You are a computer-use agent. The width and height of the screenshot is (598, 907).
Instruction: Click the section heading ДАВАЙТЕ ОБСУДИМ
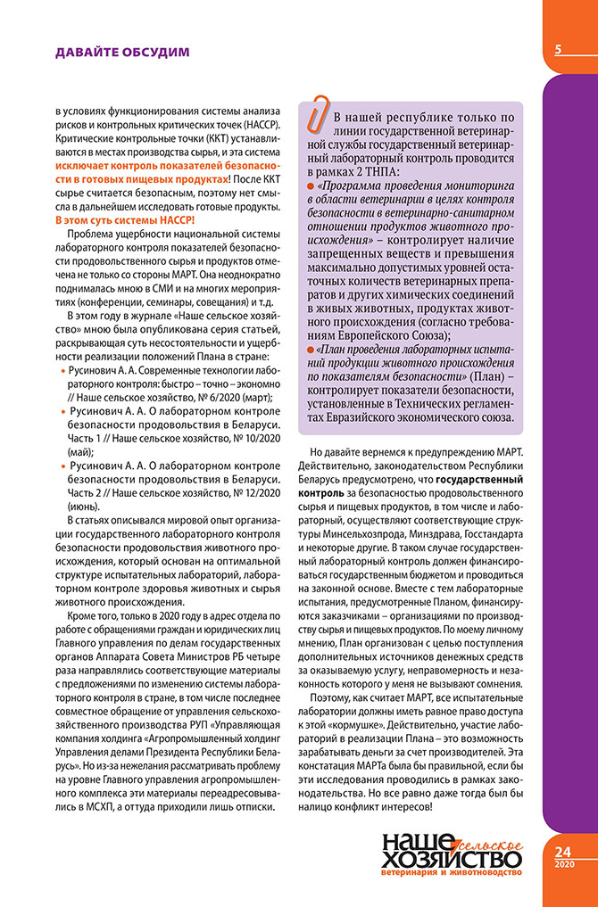[x=122, y=52]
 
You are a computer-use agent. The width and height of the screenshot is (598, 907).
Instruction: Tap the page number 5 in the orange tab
[x=558, y=50]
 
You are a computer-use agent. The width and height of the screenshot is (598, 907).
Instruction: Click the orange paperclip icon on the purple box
[x=316, y=112]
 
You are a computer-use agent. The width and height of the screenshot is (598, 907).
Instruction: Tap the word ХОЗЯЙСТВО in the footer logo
[x=451, y=860]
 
